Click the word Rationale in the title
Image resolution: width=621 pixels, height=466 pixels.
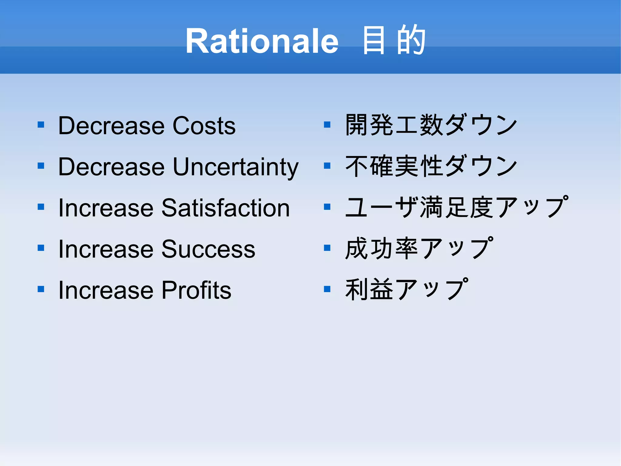(262, 41)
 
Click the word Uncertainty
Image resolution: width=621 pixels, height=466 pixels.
(236, 167)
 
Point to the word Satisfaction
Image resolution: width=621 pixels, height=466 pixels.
(226, 208)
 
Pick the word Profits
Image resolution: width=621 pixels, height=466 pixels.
(196, 290)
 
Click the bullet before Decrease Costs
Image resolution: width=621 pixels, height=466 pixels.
(41, 125)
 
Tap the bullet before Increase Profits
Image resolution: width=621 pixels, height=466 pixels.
(41, 289)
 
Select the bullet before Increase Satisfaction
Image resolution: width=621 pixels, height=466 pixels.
(41, 207)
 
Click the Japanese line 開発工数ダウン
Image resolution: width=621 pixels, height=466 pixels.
(431, 125)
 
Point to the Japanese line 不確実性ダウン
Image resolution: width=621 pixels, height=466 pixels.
(431, 166)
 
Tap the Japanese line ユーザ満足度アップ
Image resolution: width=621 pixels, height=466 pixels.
(456, 207)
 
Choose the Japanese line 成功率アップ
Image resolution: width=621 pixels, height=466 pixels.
(419, 248)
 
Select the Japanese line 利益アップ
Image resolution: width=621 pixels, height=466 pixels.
(406, 289)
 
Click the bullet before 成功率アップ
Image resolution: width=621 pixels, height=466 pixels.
(327, 248)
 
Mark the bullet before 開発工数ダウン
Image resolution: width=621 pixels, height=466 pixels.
(327, 125)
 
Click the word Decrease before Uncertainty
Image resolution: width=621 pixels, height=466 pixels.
(111, 167)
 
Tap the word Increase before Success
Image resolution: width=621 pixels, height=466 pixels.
(106, 249)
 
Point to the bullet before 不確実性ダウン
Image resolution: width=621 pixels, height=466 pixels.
(327, 166)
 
